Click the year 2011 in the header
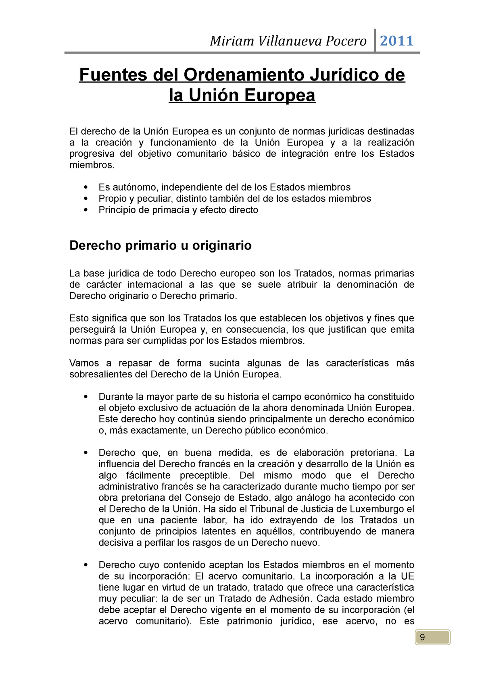point(397,41)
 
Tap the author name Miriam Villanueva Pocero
point(288,41)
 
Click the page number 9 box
point(432,637)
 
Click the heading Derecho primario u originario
point(161,245)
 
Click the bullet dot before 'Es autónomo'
point(86,187)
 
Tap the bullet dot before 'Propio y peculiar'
point(86,199)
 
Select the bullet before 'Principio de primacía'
point(86,210)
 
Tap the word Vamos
point(84,363)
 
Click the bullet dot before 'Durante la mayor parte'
point(86,397)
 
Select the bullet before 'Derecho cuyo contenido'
point(86,565)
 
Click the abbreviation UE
point(407,576)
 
